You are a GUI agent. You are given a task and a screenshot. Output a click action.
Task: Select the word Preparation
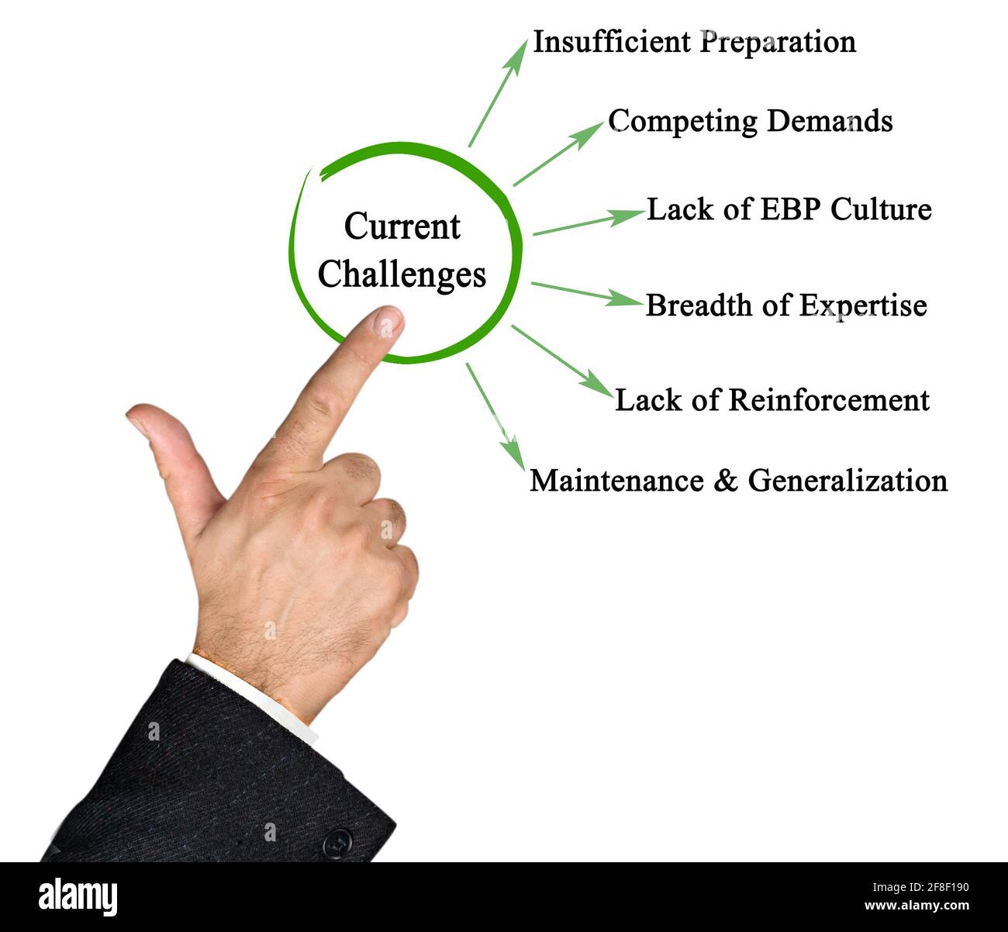pos(778,43)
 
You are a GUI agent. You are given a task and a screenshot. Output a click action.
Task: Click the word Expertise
pos(863,305)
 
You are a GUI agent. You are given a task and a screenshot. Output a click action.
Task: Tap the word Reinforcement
pos(829,400)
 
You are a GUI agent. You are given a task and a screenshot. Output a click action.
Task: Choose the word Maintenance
pos(617,481)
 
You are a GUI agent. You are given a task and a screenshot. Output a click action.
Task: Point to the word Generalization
pos(847,481)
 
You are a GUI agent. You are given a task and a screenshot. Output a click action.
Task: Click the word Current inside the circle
pos(402,226)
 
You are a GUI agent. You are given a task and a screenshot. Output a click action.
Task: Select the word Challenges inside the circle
pos(402,274)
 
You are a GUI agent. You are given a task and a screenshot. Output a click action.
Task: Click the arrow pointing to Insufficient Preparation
pos(496,93)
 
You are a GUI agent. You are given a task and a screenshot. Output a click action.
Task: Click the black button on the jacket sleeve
pos(336,842)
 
